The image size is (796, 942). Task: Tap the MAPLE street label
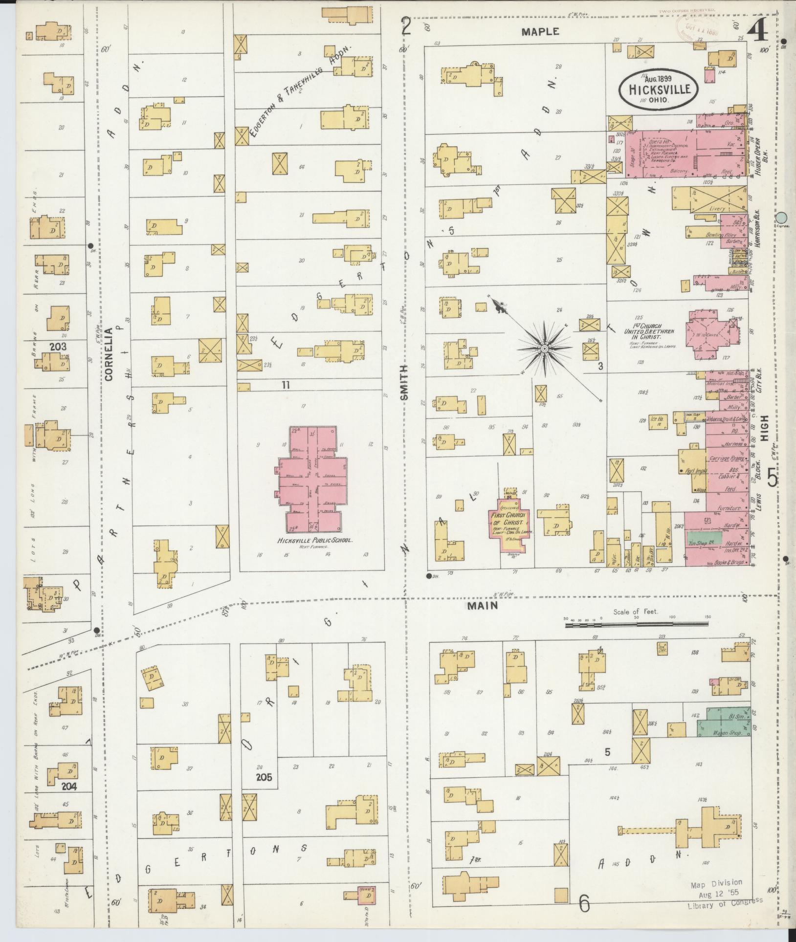pos(540,32)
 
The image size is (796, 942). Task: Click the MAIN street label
pos(482,605)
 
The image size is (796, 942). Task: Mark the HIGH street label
pos(765,428)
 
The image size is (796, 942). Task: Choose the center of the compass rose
pos(544,348)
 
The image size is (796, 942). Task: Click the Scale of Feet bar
pos(636,624)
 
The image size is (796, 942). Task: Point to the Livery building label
pos(717,209)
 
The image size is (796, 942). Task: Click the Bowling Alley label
pos(717,235)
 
